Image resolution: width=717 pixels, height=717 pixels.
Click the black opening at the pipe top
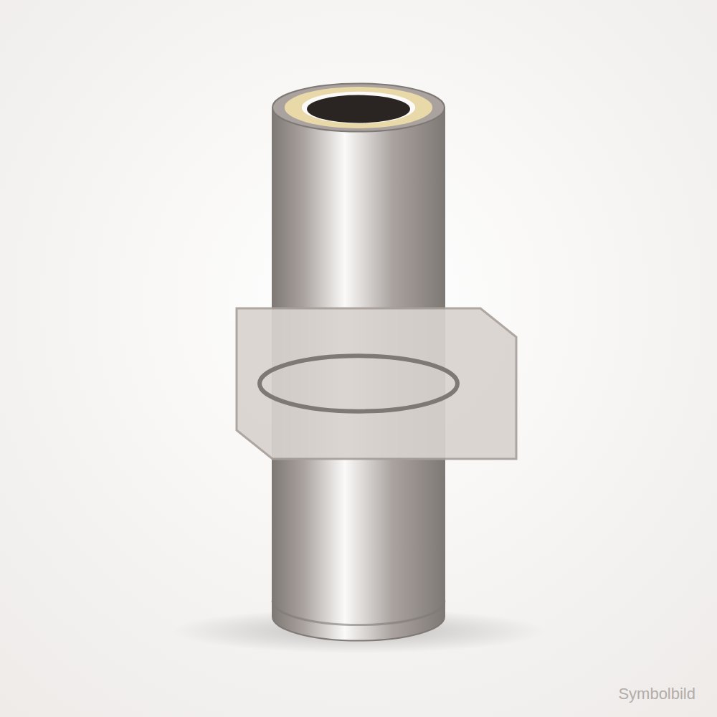[358, 109]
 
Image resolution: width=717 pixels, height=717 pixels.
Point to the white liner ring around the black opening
[358, 124]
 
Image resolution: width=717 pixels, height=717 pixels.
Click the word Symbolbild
[657, 693]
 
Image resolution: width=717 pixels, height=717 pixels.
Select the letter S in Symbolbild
[623, 693]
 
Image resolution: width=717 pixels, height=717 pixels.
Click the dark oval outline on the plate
[358, 356]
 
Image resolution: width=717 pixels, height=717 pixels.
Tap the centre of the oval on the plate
[358, 383]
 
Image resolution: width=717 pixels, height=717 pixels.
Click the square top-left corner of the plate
[237, 308]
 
